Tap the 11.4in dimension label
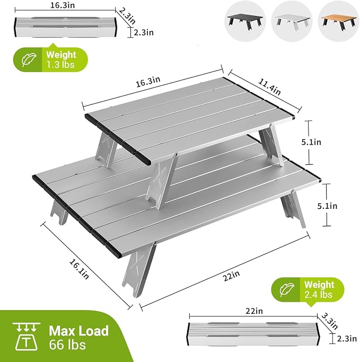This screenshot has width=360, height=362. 269,87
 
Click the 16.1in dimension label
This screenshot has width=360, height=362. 79,269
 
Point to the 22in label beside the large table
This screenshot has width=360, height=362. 232,276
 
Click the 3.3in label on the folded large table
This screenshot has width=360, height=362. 330,321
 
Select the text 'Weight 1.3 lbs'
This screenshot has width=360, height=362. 61,59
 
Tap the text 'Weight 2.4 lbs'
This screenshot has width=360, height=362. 319,289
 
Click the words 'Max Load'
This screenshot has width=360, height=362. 79,331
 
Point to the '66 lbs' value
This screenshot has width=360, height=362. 67,345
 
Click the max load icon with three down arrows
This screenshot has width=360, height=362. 27,336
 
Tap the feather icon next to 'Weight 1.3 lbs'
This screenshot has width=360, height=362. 29,60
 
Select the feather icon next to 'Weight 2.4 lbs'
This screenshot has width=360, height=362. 287,289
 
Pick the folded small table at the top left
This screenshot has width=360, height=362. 66,27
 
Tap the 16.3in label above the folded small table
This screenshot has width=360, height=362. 63,5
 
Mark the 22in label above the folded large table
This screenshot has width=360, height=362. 254,311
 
